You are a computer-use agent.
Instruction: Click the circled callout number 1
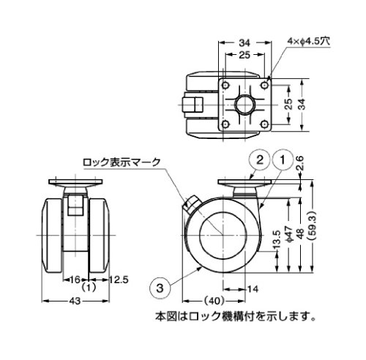pos(283,160)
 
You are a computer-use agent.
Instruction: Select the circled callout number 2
pos(259,160)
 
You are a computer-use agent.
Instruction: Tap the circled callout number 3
pos(160,288)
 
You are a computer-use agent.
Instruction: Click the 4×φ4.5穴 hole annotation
pos(308,41)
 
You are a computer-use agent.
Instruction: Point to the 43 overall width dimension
pos(75,301)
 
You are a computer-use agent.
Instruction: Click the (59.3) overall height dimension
pos(313,225)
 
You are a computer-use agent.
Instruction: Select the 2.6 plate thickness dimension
pos(300,163)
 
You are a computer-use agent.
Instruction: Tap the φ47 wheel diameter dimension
pos(288,234)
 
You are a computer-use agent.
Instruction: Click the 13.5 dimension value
pos(277,240)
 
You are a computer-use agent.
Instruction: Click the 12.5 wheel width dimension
pos(119,280)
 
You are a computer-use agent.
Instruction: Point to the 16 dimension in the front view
pos(75,280)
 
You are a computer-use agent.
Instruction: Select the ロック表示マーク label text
pos(122,162)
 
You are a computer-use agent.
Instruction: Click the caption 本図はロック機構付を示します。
pos(236,317)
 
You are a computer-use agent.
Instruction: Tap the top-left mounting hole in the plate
pos(225,86)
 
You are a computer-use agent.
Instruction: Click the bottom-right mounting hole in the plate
pos(264,124)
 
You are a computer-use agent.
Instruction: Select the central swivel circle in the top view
pos(244,105)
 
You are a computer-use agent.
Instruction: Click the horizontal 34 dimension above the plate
pos(244,43)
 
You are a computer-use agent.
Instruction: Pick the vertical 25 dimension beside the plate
pos(289,105)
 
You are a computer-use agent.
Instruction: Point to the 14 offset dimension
pos(253,289)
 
